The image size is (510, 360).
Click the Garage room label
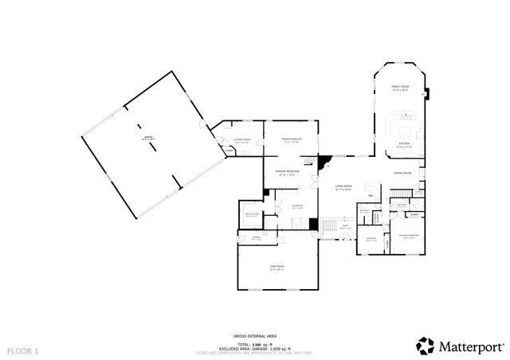point(148,139)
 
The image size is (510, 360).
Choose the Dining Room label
point(402,173)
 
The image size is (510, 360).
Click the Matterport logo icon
point(426,346)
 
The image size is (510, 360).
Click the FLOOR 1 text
point(23,350)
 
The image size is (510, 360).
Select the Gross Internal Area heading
point(254,338)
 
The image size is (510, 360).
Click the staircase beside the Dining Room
point(399,194)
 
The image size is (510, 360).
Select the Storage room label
point(257,238)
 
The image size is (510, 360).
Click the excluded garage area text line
point(254,348)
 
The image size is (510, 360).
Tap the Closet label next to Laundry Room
point(228,151)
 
